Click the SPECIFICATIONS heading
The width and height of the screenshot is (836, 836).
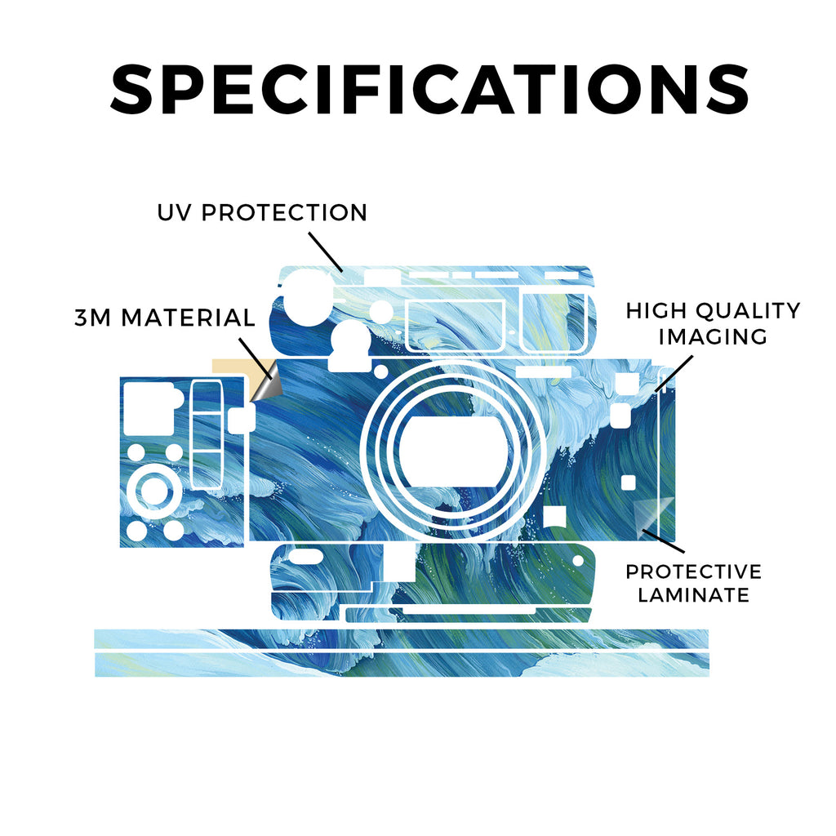tap(429, 89)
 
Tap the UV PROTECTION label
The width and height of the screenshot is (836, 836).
tap(262, 212)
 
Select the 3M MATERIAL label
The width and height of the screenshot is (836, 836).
tap(165, 318)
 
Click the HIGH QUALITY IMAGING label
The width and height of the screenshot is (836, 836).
tap(713, 323)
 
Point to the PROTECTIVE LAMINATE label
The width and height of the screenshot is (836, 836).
tap(694, 583)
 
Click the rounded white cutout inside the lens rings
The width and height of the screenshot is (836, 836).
tap(452, 451)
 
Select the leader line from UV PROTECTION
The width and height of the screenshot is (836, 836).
tap(325, 251)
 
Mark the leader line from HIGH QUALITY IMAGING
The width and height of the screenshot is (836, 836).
tap(674, 374)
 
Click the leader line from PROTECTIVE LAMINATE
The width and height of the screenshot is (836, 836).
tap(663, 540)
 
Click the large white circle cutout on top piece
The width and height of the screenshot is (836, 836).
tap(308, 298)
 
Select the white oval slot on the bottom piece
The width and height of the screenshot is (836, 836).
tap(305, 558)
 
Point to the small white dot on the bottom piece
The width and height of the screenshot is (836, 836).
tap(578, 561)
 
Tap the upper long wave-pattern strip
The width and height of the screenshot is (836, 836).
tap(402, 638)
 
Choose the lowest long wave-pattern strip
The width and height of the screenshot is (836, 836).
tap(402, 665)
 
